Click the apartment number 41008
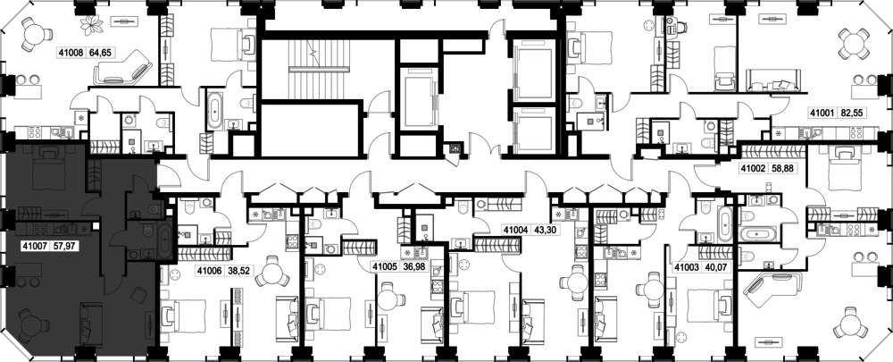click(71, 53)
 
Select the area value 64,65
click(99, 53)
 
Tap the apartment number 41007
click(33, 248)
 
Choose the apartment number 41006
click(209, 271)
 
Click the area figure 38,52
click(237, 271)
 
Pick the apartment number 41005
click(385, 266)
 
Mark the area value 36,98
click(413, 266)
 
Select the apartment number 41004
click(515, 230)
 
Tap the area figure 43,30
click(543, 230)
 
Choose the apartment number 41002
click(752, 169)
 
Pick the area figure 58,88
click(780, 169)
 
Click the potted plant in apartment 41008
click(92, 23)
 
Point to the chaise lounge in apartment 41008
click(122, 67)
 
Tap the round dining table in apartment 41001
click(854, 43)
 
